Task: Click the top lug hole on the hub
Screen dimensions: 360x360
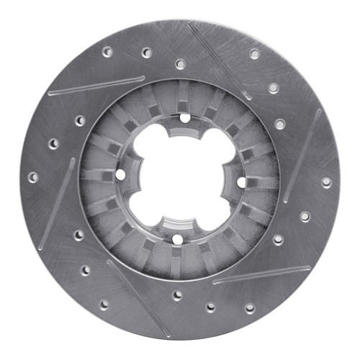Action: point(185,117)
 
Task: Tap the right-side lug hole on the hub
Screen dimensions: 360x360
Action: point(241,181)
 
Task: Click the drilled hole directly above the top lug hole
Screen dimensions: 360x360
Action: point(180,64)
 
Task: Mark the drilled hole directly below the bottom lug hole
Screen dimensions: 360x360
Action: point(177,294)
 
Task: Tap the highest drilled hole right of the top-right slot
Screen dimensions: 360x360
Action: point(254,54)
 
